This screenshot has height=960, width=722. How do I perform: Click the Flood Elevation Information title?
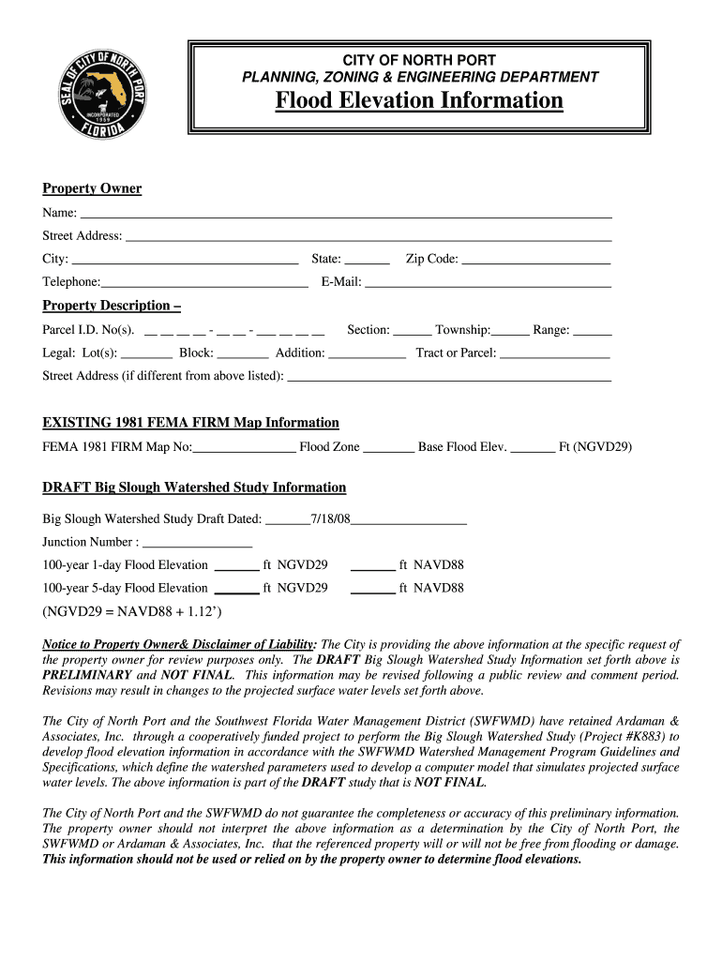(x=419, y=100)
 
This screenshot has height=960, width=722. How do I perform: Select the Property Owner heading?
(x=92, y=188)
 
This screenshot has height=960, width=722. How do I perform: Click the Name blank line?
(x=346, y=214)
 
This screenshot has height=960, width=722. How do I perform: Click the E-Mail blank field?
(x=488, y=283)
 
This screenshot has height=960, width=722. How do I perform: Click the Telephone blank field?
(x=204, y=283)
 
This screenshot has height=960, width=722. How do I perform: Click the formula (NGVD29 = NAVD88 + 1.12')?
(x=132, y=612)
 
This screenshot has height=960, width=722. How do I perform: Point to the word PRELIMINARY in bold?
(x=86, y=675)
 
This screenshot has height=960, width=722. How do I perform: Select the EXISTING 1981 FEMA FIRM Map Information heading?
(x=190, y=423)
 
